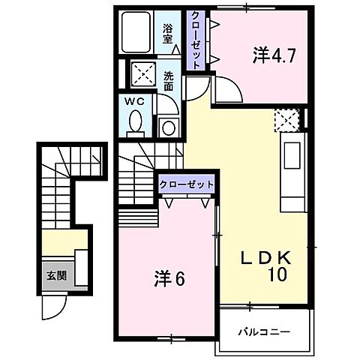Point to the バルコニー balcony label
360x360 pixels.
pos(264,331)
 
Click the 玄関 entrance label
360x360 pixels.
pos(57,275)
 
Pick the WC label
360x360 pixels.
pos(136,101)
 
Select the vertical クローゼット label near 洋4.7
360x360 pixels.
pos(195,39)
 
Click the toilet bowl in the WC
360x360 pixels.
pos(136,121)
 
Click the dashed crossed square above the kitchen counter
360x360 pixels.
pos(286,119)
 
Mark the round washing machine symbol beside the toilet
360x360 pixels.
pos(168,127)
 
